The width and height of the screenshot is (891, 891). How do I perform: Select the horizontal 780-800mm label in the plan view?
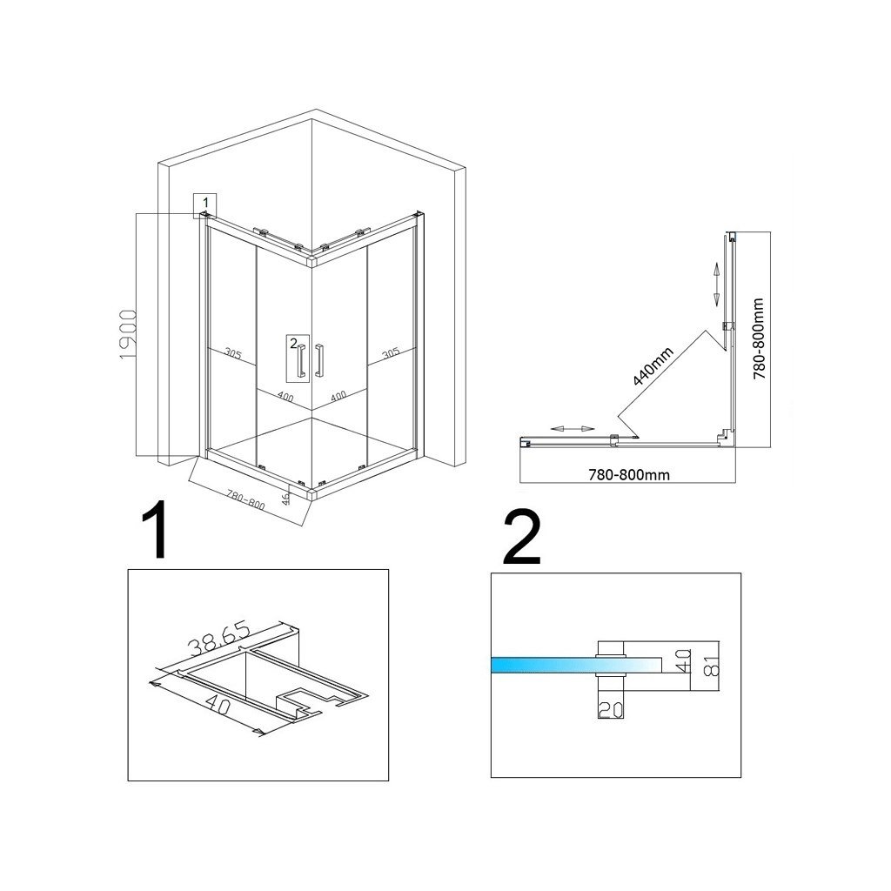pyautogui.click(x=627, y=474)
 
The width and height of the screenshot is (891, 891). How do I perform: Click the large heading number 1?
pyautogui.click(x=157, y=532)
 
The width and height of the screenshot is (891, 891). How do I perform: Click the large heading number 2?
pyautogui.click(x=522, y=537)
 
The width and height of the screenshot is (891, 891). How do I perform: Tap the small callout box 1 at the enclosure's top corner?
pyautogui.click(x=204, y=204)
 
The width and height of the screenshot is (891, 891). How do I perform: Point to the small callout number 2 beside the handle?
pyautogui.click(x=294, y=342)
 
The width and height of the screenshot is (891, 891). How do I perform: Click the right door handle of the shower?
pyautogui.click(x=320, y=360)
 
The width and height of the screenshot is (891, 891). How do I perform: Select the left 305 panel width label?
pyautogui.click(x=232, y=354)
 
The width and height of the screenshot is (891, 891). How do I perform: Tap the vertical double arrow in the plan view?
pyautogui.click(x=716, y=283)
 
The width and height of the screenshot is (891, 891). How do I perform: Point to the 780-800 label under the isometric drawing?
pyautogui.click(x=246, y=501)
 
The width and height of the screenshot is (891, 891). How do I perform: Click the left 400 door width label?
pyautogui.click(x=285, y=396)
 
